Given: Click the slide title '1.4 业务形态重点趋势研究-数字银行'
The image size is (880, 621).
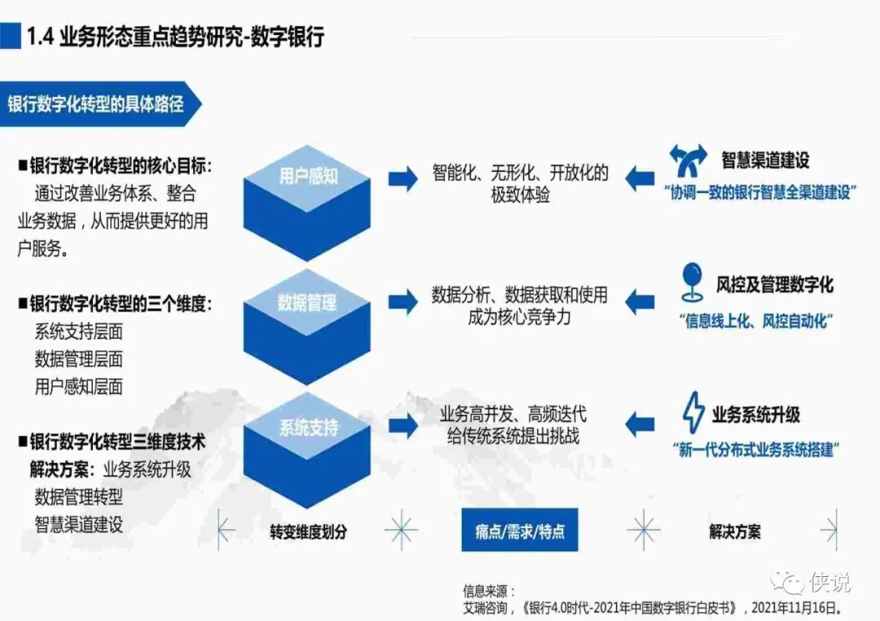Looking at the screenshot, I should (x=175, y=37).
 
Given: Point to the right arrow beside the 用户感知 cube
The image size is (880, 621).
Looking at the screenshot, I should (x=403, y=179).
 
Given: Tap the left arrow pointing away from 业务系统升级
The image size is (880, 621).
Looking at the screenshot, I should (x=640, y=423).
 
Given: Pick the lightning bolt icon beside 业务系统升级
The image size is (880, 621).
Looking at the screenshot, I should (x=692, y=413).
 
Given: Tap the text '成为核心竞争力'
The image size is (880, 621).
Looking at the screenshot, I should (x=519, y=317).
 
